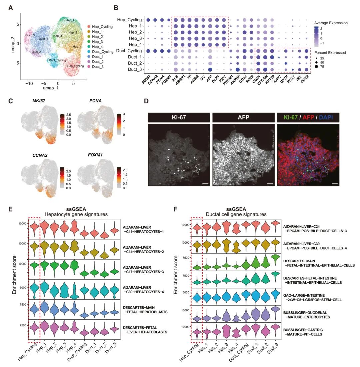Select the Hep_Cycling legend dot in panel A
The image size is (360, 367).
click(89, 27)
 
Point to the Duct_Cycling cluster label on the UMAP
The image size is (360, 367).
click(57, 60)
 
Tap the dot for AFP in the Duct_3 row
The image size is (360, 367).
click(210, 69)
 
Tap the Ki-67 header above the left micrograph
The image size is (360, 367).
click(179, 117)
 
